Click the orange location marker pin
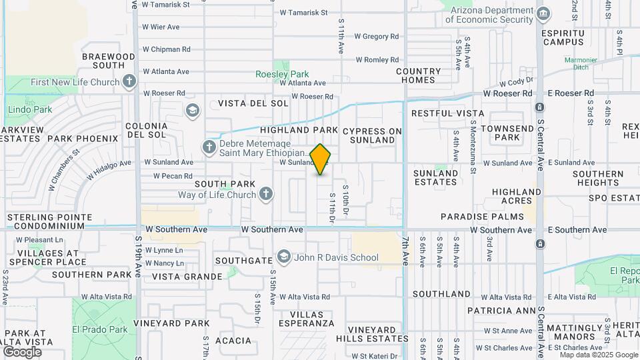pos(321,159)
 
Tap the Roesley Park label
pos(282,74)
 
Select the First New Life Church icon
pos(129,82)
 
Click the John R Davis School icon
pos(284,257)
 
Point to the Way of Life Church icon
pos(265,195)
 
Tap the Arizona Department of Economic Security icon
pos(543,13)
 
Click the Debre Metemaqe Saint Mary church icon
pos(209,146)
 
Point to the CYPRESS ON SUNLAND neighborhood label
pos(373,135)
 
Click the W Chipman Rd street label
pos(166,49)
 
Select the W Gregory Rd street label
pos(376,37)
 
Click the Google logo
pos(22,351)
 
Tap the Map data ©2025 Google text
pos(599,355)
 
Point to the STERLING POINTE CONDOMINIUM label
pos(50,221)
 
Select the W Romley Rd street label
pos(376,60)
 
